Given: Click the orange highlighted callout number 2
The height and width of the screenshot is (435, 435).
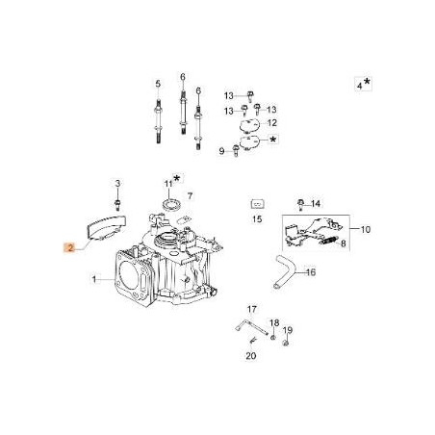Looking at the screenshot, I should click(x=69, y=246).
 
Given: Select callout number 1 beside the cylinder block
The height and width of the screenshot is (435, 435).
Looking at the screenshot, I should click(x=94, y=280).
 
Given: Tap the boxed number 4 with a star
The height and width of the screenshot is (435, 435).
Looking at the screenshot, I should click(x=359, y=86).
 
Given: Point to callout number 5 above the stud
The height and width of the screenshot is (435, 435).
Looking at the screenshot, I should click(x=157, y=84).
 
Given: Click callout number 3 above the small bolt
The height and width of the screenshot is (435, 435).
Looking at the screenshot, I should click(x=116, y=183).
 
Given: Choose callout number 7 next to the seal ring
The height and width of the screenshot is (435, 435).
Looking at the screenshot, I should click(x=190, y=195).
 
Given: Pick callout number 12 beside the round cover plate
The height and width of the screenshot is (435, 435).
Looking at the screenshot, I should click(x=271, y=123).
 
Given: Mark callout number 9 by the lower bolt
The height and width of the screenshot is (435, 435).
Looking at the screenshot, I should click(x=221, y=151).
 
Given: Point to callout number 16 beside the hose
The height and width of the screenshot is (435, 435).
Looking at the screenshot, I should click(x=310, y=272).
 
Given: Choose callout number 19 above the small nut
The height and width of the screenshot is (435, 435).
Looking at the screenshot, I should click(x=287, y=330).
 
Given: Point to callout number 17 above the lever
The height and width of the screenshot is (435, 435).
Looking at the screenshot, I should click(x=252, y=309).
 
